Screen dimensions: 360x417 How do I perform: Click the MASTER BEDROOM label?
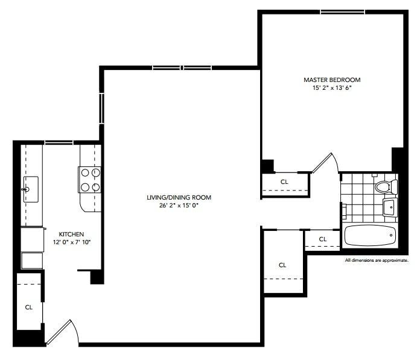(x=332, y=80)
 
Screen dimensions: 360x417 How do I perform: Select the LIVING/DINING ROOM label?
(x=179, y=198)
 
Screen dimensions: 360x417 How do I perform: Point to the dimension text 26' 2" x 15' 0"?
(x=179, y=206)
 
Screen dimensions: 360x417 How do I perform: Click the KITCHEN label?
(x=71, y=234)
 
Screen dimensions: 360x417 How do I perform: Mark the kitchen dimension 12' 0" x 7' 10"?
(x=71, y=242)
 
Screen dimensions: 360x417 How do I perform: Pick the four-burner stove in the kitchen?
(x=90, y=180)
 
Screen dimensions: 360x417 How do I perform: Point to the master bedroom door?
(x=325, y=163)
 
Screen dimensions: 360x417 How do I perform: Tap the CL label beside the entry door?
(x=28, y=307)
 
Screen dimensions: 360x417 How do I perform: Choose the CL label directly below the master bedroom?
(x=284, y=181)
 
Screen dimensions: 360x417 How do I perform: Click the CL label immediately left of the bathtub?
(x=322, y=239)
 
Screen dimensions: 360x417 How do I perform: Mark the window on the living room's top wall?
(x=182, y=68)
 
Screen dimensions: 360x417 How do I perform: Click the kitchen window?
(x=59, y=142)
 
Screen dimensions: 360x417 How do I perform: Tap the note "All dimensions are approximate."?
(x=377, y=261)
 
